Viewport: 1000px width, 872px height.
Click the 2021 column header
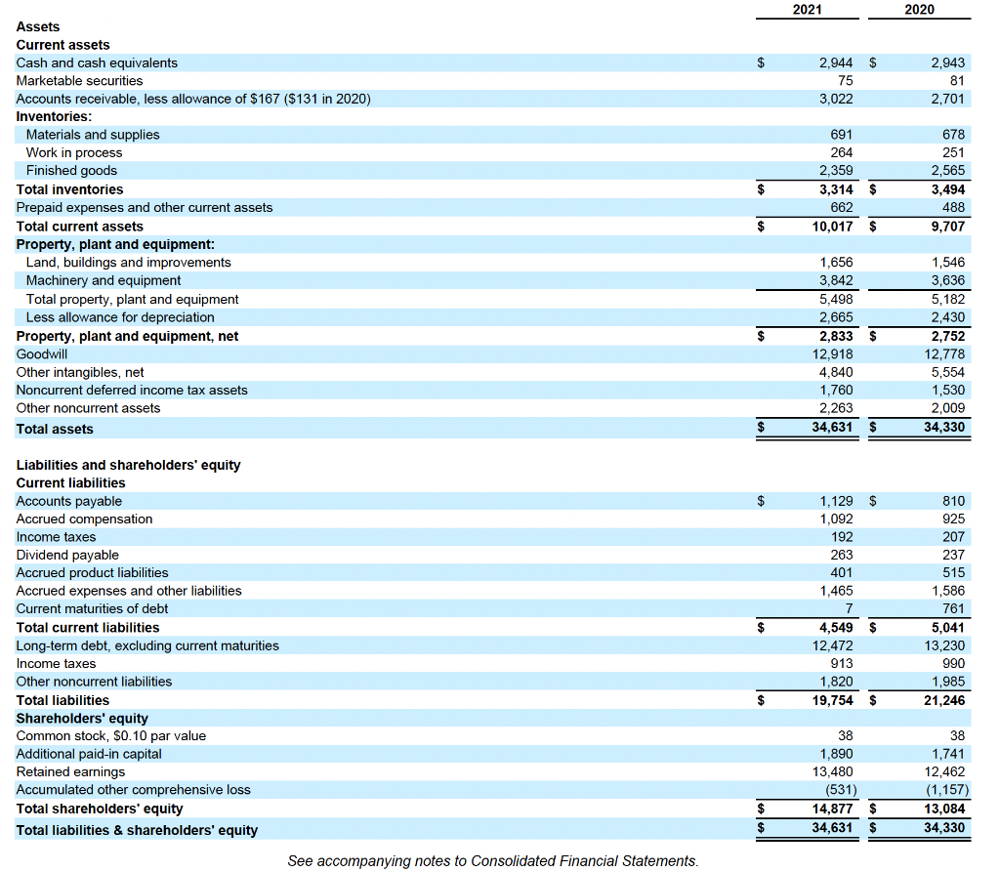coord(807,9)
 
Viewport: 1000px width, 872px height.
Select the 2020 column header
coord(919,9)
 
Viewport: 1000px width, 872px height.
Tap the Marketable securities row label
coord(79,81)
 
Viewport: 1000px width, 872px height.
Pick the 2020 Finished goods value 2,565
coord(947,171)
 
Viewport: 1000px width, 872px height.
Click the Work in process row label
coord(74,153)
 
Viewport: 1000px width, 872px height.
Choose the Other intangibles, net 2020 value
coord(947,372)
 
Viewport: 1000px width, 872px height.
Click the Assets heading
coord(38,27)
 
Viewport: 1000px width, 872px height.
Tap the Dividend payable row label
coord(67,556)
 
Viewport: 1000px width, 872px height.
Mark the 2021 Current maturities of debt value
coord(848,609)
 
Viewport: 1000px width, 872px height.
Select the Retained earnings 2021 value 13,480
coord(833,772)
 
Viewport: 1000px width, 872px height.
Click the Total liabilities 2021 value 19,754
coord(832,700)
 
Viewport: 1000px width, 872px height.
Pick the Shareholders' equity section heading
coord(82,719)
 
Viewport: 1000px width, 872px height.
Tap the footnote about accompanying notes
coord(492,860)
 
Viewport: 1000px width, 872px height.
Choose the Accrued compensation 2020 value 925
coord(953,519)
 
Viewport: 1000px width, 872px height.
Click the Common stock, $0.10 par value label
coord(111,736)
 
